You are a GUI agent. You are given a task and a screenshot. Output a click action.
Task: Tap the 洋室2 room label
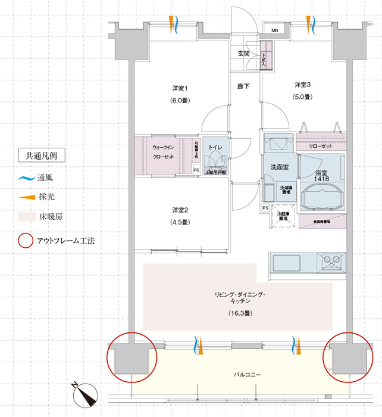click(x=180, y=210)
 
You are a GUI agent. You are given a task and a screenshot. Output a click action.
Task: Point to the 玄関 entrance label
click(x=244, y=54)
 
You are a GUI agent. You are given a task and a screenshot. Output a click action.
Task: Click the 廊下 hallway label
click(x=243, y=86)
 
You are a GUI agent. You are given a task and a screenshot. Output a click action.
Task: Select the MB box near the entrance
click(x=275, y=30)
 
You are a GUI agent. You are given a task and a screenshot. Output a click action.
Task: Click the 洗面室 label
click(x=280, y=167)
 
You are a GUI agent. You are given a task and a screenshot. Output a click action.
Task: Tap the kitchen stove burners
click(x=330, y=260)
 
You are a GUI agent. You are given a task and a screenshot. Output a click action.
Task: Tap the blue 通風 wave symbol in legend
click(x=26, y=178)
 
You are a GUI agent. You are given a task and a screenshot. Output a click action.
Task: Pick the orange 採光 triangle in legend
click(x=26, y=197)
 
